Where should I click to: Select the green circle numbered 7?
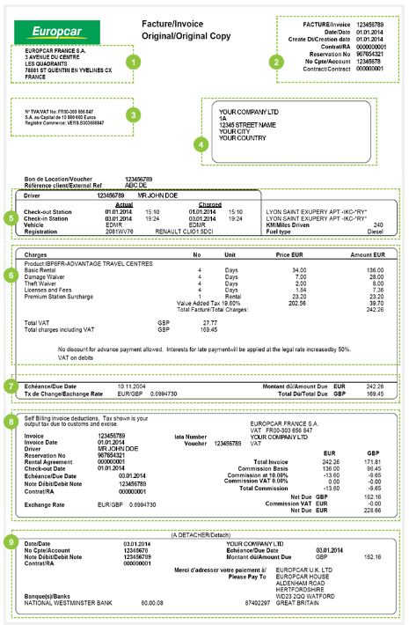10,386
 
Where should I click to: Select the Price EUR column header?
291,254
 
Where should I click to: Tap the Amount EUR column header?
368,254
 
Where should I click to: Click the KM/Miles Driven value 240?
378,224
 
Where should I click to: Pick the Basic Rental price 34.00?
300,270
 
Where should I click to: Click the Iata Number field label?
191,436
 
